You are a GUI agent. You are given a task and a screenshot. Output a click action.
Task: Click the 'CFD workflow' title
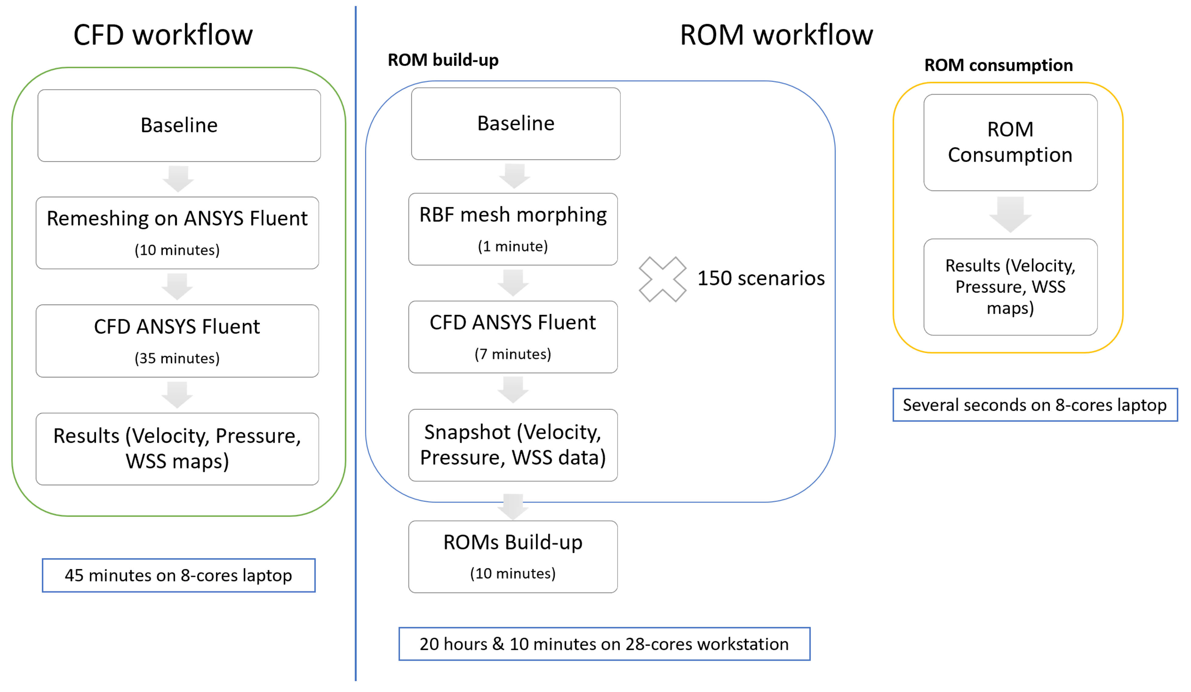(163, 35)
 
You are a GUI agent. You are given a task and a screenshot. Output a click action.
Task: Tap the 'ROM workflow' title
(776, 35)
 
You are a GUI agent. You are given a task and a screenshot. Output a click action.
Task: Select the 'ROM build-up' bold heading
(443, 60)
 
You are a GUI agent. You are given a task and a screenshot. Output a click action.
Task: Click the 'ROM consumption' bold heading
(998, 65)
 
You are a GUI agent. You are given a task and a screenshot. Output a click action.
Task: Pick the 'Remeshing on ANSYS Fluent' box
(177, 233)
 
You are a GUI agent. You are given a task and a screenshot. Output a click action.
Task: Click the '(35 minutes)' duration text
(177, 358)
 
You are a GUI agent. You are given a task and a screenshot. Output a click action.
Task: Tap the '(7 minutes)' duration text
(513, 354)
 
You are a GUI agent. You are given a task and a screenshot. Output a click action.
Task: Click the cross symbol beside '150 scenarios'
(662, 279)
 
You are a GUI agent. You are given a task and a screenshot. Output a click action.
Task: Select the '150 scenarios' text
(761, 278)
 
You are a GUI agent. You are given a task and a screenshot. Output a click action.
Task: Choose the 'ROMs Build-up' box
(513, 556)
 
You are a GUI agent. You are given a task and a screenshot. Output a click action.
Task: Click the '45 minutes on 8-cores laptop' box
(179, 575)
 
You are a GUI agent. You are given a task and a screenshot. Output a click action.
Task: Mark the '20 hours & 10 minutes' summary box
(604, 644)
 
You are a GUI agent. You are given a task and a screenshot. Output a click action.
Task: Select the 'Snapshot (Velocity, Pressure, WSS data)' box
(513, 445)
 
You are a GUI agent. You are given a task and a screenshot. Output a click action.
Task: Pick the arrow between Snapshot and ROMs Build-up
(513, 506)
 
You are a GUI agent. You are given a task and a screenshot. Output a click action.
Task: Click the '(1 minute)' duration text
(513, 246)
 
